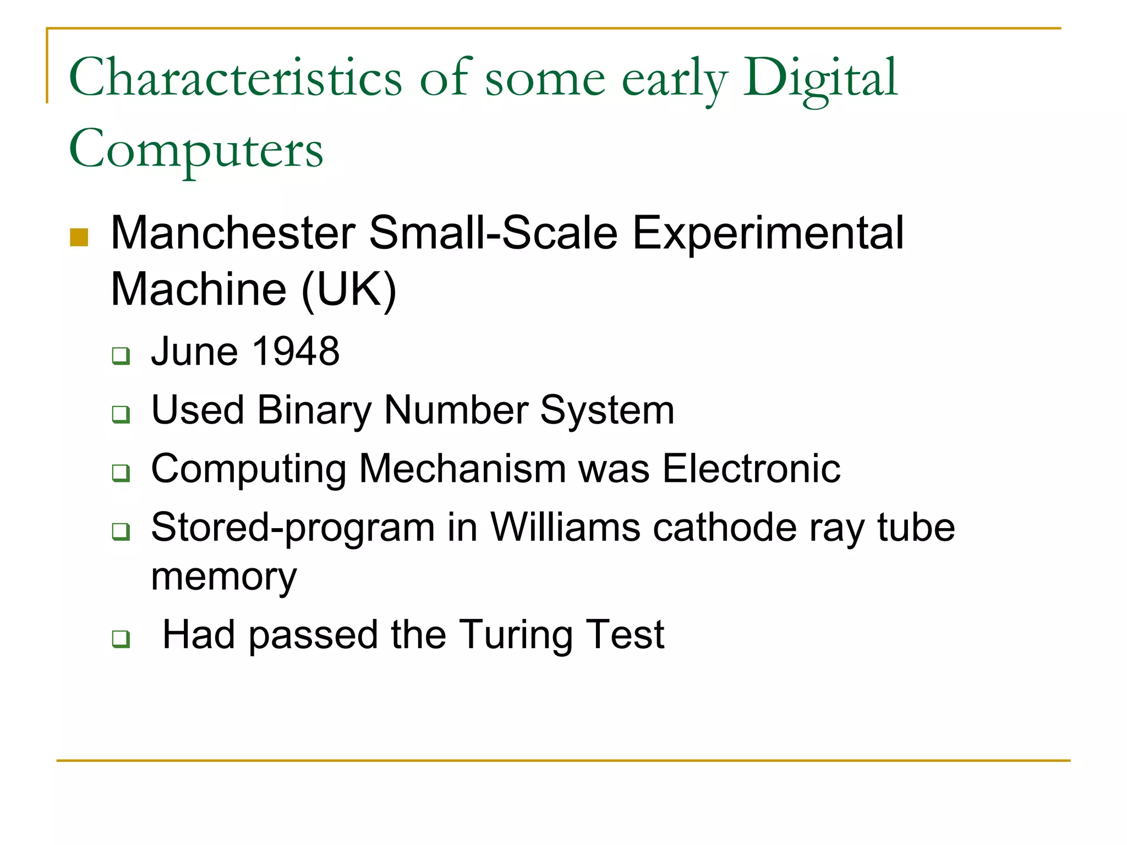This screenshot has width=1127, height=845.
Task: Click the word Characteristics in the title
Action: tap(236, 78)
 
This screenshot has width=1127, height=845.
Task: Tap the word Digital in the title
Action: tap(820, 78)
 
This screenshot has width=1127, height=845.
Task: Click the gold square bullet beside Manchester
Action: tap(79, 237)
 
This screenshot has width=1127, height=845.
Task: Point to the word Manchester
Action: tap(233, 233)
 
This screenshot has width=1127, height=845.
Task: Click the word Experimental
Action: tap(768, 233)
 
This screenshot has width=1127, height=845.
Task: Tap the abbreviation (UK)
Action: tap(349, 290)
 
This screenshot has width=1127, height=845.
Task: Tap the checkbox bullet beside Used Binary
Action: tap(121, 414)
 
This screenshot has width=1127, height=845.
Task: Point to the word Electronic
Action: tap(751, 469)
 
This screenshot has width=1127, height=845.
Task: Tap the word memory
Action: tap(223, 578)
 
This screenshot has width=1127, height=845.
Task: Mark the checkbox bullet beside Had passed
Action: tap(121, 639)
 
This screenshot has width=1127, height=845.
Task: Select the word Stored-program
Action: tap(293, 528)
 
